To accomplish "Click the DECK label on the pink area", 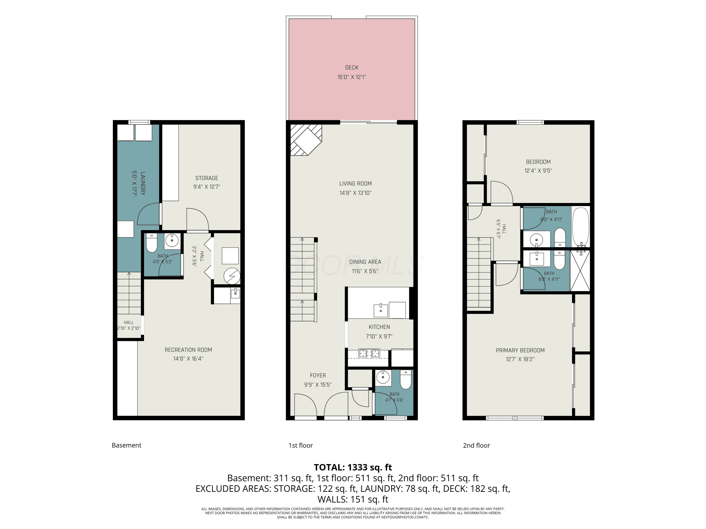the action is coord(352,68).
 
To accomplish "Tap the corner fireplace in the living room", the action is coord(306,140).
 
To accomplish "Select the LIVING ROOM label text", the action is coord(355,184).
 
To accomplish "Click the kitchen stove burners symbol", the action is coord(369,354).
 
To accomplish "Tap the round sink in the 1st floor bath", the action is coord(383,377).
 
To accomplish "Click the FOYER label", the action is coord(318,376).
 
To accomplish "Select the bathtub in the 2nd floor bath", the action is coord(581,227).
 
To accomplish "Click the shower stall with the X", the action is coord(580,270).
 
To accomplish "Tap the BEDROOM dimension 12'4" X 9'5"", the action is coord(538,171).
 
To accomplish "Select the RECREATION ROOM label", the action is coord(188,350).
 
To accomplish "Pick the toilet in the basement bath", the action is coord(152,243).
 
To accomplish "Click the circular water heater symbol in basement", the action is coord(232,276).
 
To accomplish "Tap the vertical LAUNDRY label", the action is coord(143,183).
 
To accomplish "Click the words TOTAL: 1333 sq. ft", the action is coord(353,467).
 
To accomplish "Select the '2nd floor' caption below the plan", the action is coord(476,446).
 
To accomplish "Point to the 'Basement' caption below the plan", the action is coord(126,446).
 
